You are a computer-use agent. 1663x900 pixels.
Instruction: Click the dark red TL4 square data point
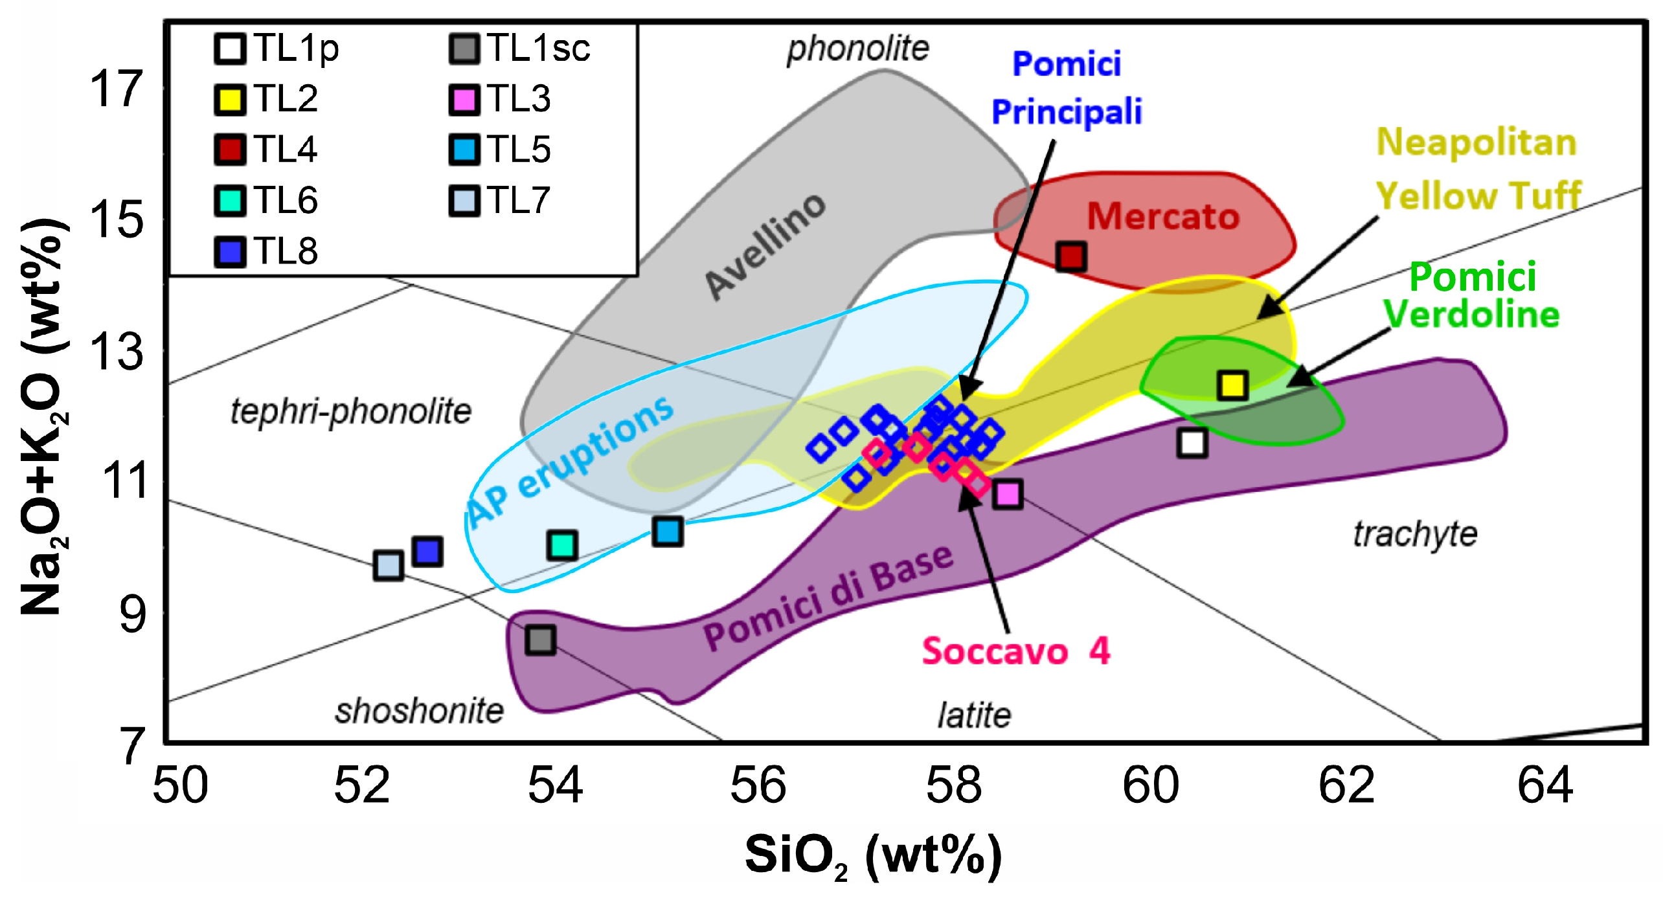click(1070, 256)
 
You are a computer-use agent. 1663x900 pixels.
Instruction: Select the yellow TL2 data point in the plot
click(1232, 385)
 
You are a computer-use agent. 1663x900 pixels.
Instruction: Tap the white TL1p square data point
click(1192, 443)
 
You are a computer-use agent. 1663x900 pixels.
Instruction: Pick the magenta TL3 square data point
click(1008, 494)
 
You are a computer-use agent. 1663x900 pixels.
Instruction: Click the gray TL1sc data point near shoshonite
click(540, 640)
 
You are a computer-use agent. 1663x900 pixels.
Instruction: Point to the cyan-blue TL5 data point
click(668, 532)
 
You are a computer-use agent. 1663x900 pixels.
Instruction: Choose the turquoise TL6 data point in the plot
click(562, 545)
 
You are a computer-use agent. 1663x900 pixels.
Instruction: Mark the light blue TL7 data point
click(388, 565)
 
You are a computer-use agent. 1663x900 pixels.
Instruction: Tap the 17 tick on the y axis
click(117, 89)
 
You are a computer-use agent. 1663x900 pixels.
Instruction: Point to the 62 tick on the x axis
click(1346, 785)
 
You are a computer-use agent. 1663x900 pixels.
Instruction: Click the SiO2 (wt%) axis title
click(872, 856)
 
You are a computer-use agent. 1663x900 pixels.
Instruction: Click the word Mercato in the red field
click(1163, 216)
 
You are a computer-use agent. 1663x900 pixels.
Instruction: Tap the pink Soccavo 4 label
click(1015, 651)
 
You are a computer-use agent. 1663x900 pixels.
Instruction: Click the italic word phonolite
click(857, 49)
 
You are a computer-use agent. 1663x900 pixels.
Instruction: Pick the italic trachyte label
click(1415, 535)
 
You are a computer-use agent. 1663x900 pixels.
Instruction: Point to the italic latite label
click(974, 715)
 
